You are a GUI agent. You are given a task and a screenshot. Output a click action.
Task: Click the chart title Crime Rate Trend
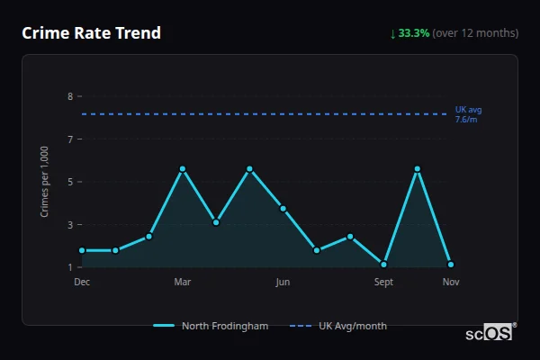91,33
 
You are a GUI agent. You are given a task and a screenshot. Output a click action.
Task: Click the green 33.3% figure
413,33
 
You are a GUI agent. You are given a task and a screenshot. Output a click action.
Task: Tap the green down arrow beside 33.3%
392,33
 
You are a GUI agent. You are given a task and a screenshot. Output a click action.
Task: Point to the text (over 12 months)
475,33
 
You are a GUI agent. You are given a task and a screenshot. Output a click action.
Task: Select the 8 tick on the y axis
70,96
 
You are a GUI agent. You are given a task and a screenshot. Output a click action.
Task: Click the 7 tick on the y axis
70,139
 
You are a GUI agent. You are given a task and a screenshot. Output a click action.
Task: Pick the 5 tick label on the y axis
70,182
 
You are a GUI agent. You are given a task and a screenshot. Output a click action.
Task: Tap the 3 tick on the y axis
70,225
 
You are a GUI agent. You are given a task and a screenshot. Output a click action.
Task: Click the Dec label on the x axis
82,282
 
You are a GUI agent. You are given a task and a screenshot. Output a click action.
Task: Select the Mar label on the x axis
183,282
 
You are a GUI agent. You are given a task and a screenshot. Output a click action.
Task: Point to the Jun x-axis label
283,282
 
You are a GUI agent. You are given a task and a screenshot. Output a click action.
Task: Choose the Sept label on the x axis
383,282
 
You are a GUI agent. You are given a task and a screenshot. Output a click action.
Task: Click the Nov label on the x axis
451,282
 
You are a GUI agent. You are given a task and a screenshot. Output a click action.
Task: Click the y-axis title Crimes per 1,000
45,182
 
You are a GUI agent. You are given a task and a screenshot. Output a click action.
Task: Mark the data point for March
183,169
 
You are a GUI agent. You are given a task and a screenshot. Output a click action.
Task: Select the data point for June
283,208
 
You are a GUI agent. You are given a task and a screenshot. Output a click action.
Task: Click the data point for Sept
384,265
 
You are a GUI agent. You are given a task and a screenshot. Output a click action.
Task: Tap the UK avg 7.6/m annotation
468,114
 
